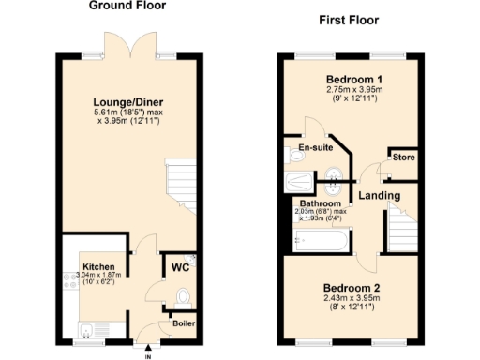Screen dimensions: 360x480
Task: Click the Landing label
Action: pyautogui.click(x=380, y=195)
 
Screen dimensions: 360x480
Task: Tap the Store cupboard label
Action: pyautogui.click(x=404, y=157)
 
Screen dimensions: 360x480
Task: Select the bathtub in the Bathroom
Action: pyautogui.click(x=321, y=242)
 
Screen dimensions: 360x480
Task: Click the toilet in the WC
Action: pyautogui.click(x=183, y=298)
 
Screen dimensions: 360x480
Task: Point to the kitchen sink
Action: pyautogui.click(x=84, y=329)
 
